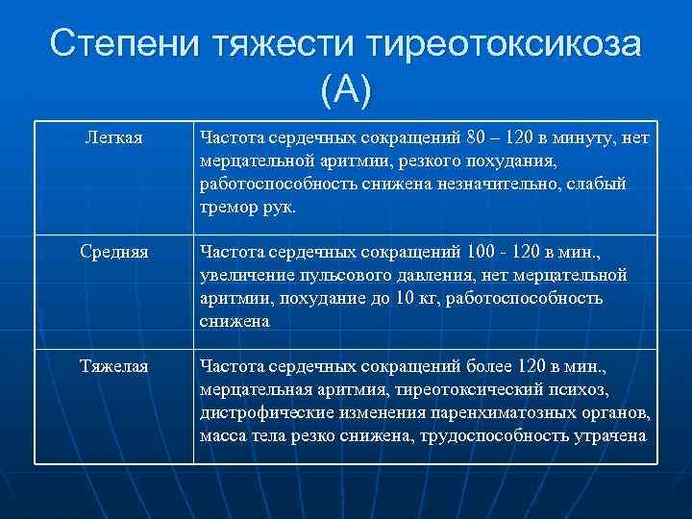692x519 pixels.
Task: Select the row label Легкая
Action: tap(114, 139)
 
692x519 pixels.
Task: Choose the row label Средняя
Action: tap(114, 255)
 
